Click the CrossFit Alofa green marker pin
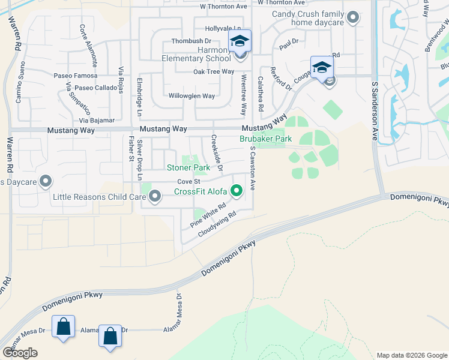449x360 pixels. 237,192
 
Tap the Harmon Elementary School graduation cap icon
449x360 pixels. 240,42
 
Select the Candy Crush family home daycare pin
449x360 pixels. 353,18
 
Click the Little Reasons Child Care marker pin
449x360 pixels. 155,196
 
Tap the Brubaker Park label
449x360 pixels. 266,139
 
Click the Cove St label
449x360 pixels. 188,182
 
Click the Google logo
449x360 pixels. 20,353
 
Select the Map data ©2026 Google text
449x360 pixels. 411,355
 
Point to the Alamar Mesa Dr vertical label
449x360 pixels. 178,310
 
